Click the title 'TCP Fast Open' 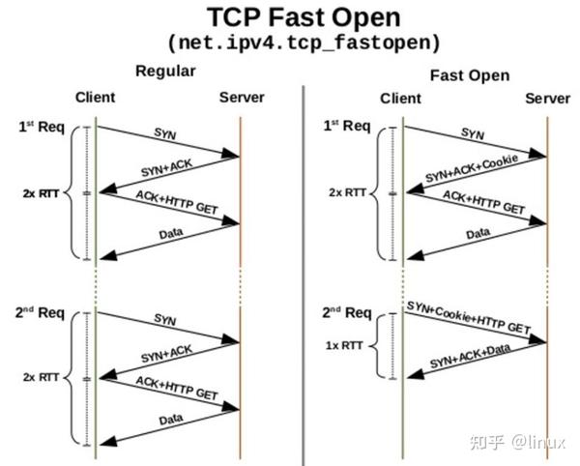(x=290, y=18)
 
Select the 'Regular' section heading (x=165, y=72)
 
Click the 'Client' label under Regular (x=95, y=98)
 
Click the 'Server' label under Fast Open (x=548, y=99)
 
